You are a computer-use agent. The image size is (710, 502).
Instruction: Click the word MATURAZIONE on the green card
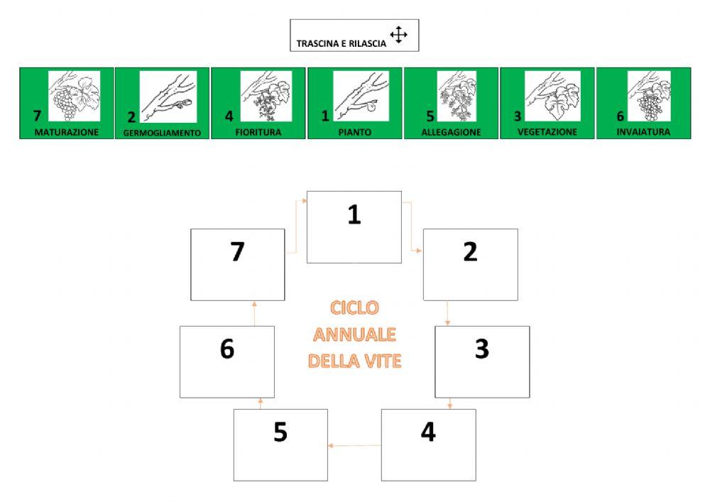[x=67, y=132]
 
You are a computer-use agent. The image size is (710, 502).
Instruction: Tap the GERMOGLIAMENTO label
[x=162, y=133]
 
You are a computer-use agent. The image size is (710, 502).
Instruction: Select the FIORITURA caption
[x=258, y=132]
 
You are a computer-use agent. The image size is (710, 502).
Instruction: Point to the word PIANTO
[x=355, y=132]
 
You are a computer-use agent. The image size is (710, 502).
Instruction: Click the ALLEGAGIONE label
[x=451, y=132]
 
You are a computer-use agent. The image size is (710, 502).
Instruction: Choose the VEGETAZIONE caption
[x=547, y=132]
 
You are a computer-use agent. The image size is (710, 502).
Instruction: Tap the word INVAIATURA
[x=643, y=132]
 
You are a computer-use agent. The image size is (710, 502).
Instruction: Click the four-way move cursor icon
[x=398, y=34]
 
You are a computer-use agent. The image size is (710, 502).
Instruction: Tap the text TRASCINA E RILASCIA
[x=342, y=44]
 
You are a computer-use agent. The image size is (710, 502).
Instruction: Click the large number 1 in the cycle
[x=354, y=214]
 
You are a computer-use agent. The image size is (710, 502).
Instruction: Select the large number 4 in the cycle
[x=428, y=432]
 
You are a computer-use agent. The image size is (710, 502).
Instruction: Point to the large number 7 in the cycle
[x=238, y=251]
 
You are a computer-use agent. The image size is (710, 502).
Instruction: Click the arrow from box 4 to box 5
[x=354, y=446]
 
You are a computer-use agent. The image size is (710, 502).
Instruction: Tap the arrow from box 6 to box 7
[x=254, y=313]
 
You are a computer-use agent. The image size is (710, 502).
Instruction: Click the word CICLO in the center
[x=354, y=308]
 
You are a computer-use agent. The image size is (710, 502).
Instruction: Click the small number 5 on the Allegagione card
[x=430, y=116]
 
